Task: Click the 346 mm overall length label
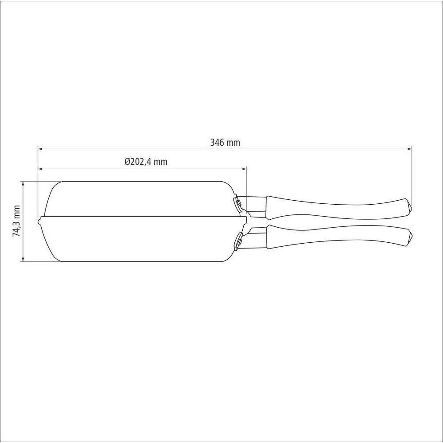[x=225, y=143]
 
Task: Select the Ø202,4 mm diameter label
[x=146, y=162]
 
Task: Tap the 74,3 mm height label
[x=17, y=221]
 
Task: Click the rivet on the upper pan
[x=237, y=203]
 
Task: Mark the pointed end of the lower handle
[x=411, y=237]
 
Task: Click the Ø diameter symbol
[x=127, y=162]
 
